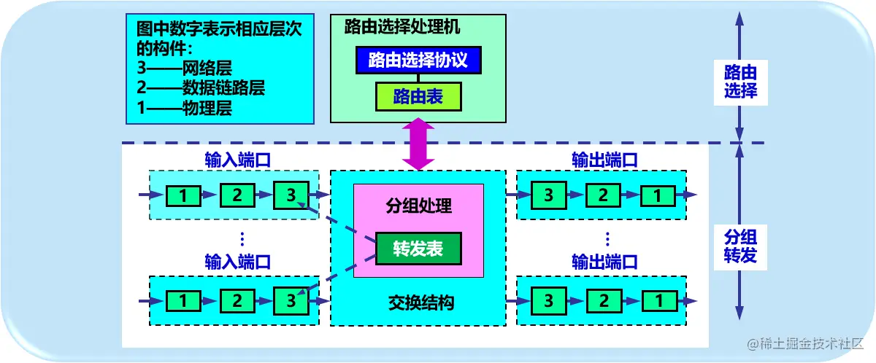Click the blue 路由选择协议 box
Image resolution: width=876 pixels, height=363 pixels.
click(x=418, y=60)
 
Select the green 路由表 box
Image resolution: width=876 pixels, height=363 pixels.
click(x=418, y=96)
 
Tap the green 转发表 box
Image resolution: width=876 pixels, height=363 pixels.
click(x=418, y=249)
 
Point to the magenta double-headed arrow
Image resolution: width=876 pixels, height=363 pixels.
click(x=418, y=144)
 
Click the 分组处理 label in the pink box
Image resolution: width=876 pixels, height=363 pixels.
click(x=418, y=206)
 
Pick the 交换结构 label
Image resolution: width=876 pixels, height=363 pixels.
click(x=418, y=302)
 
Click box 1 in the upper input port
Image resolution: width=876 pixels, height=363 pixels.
click(x=183, y=195)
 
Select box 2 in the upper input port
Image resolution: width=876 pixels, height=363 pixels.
click(x=237, y=195)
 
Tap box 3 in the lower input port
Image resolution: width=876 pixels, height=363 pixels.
click(x=291, y=300)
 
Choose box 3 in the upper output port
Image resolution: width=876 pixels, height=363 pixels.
click(x=548, y=195)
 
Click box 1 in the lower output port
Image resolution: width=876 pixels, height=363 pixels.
click(x=658, y=300)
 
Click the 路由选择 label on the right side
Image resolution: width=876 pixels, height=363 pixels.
click(x=740, y=82)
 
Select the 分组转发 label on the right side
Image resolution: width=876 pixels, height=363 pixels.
click(x=740, y=246)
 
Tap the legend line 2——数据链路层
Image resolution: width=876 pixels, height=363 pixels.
click(x=201, y=89)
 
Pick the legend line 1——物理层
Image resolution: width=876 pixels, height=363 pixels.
click(x=185, y=109)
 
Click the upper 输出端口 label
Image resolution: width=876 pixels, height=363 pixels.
click(x=605, y=159)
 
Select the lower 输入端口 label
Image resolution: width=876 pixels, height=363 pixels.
click(x=238, y=262)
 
